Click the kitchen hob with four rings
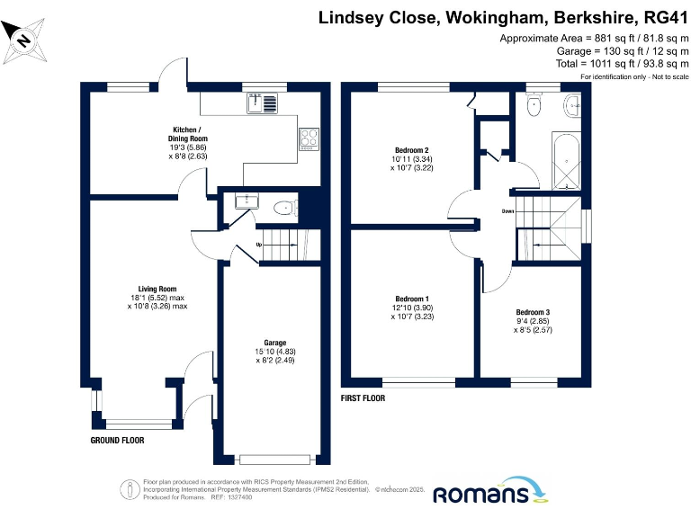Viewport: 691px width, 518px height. pyautogui.click(x=310, y=138)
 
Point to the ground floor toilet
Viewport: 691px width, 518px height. pyautogui.click(x=284, y=209)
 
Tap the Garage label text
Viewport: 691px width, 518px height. pyautogui.click(x=275, y=343)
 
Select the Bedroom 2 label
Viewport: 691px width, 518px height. pyautogui.click(x=410, y=149)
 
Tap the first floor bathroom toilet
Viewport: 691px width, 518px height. pyautogui.click(x=535, y=104)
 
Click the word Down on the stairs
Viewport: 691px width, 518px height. pyautogui.click(x=508, y=212)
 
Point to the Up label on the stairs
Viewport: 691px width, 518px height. pyautogui.click(x=261, y=244)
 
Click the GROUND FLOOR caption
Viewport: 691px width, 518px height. pyautogui.click(x=117, y=441)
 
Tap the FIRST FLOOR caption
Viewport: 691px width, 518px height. pyautogui.click(x=363, y=397)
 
